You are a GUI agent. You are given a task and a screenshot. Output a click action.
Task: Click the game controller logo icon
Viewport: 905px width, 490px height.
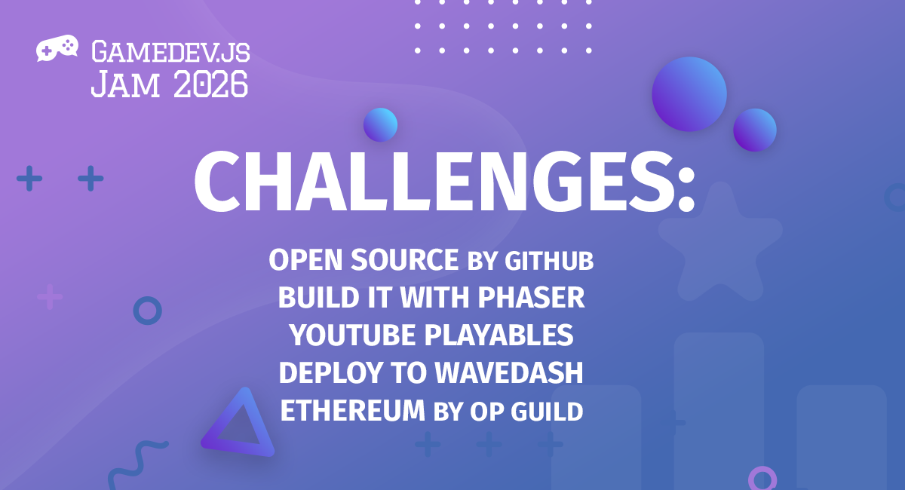coord(57,50)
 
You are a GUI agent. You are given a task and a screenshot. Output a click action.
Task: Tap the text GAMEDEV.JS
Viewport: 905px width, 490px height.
coord(170,52)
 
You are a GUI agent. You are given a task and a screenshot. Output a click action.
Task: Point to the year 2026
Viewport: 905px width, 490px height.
coord(210,84)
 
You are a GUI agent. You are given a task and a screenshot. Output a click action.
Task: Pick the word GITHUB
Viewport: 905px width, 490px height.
coord(549,261)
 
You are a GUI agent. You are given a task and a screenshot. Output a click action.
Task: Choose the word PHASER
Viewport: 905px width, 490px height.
coord(532,299)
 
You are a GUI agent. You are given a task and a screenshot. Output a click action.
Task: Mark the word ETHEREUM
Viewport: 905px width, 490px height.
coord(353,411)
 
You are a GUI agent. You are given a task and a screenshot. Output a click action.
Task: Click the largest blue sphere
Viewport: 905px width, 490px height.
coord(689,94)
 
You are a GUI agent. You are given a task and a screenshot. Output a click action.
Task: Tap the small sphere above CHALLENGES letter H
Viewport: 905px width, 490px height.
coord(380,125)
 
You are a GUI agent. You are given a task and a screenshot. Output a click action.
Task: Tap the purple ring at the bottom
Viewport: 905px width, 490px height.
coord(762,478)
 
